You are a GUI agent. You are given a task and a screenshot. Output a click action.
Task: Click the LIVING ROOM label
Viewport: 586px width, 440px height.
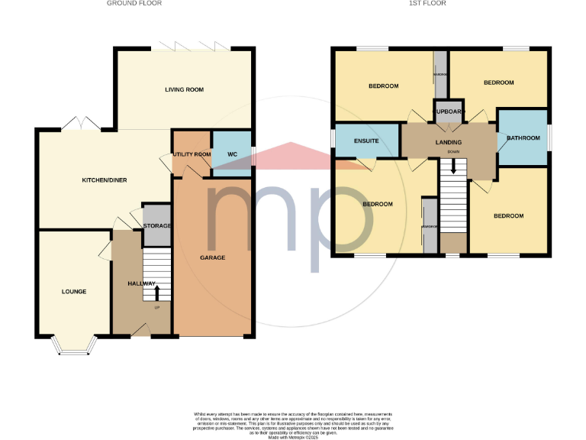184,90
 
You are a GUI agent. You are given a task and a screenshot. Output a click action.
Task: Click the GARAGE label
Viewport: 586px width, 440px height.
213,257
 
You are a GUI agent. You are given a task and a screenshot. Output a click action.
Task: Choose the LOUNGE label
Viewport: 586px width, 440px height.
74,292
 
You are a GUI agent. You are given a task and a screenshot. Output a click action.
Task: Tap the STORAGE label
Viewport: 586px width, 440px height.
157,226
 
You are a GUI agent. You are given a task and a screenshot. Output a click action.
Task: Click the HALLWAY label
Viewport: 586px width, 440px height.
142,283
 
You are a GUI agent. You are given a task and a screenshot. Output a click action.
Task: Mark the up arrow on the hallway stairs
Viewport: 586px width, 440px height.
157,292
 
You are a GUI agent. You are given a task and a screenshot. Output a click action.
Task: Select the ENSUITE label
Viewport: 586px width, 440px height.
368,141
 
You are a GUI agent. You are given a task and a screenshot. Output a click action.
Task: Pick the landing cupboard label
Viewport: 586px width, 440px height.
449,112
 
